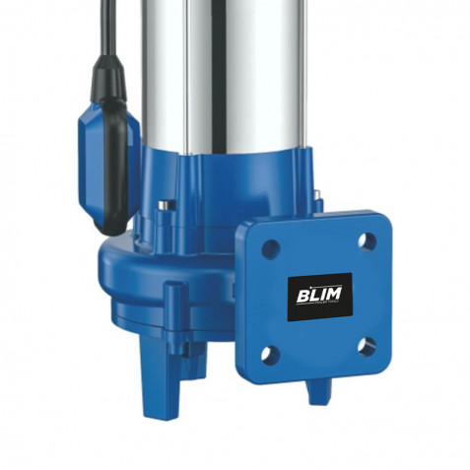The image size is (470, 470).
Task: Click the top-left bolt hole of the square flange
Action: point(271,249)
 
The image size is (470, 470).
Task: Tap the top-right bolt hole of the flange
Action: point(367,242)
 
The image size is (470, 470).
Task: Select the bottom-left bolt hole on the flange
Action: point(270,354)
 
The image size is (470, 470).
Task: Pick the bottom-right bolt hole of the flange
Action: point(367,347)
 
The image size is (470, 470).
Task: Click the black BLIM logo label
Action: point(320,297)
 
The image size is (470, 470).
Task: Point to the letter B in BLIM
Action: point(302,296)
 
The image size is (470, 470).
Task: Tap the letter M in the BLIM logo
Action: point(333,294)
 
